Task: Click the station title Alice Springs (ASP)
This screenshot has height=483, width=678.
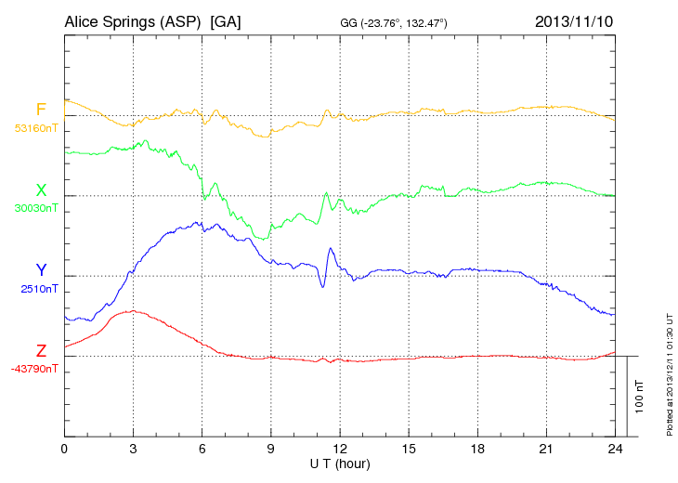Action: [133, 21]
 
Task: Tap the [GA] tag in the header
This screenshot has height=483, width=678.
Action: [226, 21]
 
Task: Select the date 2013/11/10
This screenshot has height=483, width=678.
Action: [573, 21]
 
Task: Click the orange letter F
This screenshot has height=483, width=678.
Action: [41, 110]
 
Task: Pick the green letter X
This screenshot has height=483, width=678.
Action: [41, 190]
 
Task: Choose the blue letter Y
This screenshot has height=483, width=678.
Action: [41, 270]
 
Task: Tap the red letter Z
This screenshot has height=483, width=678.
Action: [41, 351]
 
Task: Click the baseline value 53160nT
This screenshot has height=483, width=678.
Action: [35, 128]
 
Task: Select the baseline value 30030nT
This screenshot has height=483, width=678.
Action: [35, 208]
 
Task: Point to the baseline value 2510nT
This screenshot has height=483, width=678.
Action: [38, 289]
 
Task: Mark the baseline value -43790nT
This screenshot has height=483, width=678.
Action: [35, 369]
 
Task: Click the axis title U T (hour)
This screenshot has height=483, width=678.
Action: [340, 463]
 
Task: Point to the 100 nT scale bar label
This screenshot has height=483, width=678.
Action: [640, 396]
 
